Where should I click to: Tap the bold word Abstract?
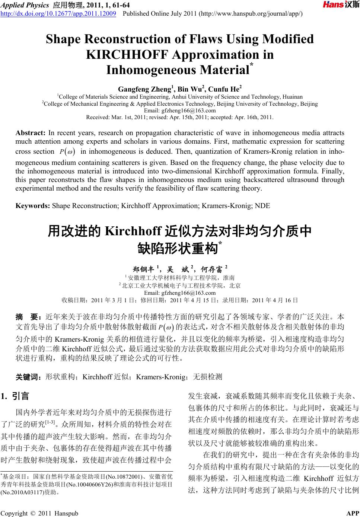click(30, 133)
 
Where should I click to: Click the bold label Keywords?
click(33, 205)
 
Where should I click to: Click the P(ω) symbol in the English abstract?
click(67, 152)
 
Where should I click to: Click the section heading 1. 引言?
click(16, 396)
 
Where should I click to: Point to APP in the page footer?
click(353, 514)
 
